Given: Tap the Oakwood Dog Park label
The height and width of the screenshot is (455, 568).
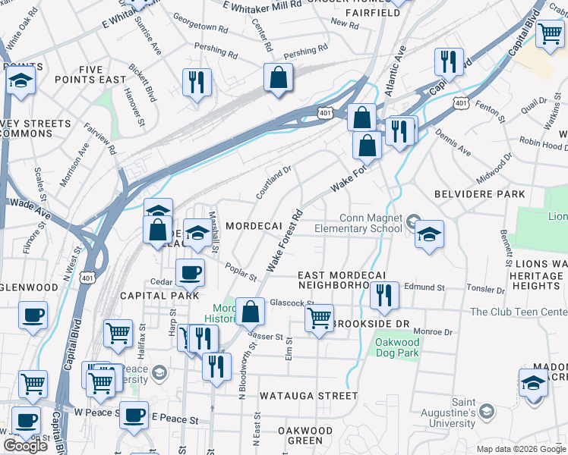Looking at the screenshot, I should [x=396, y=348].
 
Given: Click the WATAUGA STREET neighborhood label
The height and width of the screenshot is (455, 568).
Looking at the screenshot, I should [x=308, y=396].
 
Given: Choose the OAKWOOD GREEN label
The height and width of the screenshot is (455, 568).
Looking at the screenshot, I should [x=305, y=435].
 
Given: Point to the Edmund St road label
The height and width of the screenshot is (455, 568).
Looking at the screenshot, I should [x=424, y=287].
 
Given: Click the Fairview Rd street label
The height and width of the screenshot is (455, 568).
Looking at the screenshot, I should [x=100, y=140].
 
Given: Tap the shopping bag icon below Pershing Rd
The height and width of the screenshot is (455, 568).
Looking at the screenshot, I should [x=279, y=78].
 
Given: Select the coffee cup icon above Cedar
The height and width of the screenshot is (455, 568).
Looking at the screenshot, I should [x=190, y=271].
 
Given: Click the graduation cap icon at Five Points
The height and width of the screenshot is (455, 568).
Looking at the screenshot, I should [x=21, y=80].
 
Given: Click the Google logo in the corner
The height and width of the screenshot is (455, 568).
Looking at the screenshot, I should [x=26, y=445].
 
